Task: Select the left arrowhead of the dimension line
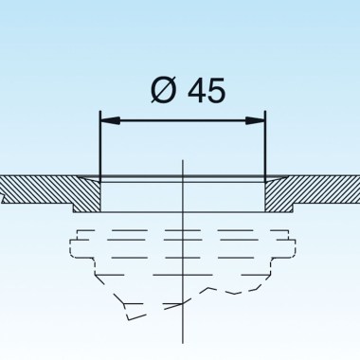pos(108,119)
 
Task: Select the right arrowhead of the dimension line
pos(257,119)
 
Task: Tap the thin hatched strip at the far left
pos(28,188)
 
